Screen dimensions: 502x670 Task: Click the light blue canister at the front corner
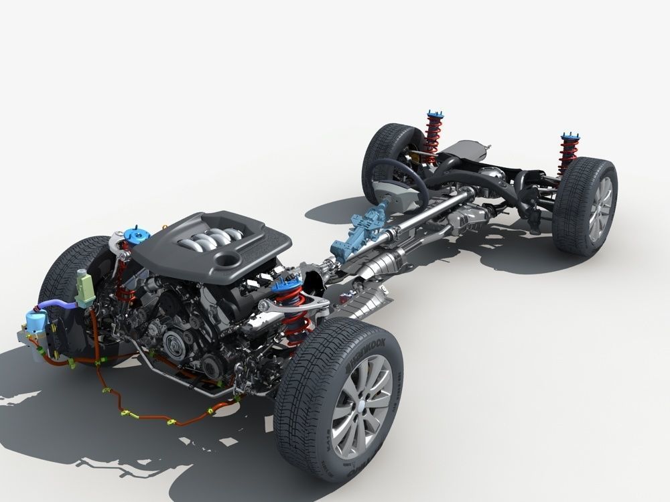[x=31, y=325]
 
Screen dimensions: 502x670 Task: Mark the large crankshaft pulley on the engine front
[x=176, y=345]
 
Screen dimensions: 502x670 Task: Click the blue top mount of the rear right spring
[x=570, y=137]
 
